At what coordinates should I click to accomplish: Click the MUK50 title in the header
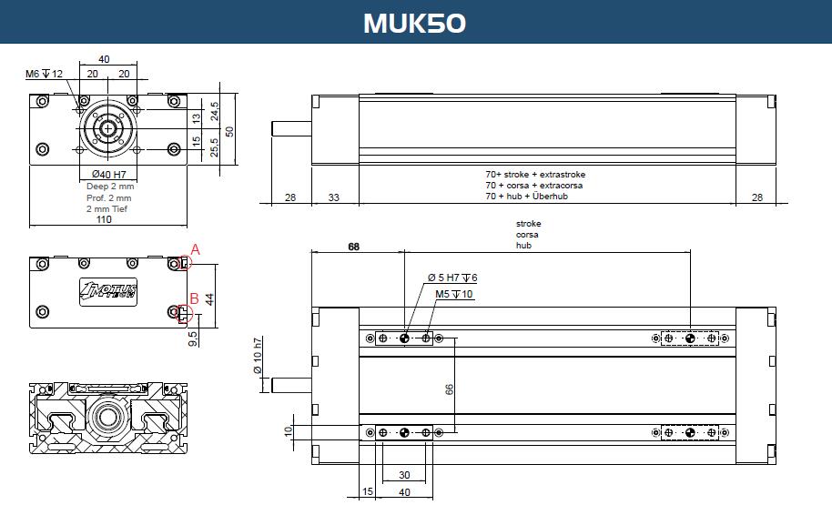(414, 23)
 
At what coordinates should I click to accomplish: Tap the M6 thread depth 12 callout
(44, 74)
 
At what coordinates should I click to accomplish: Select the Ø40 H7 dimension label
(108, 174)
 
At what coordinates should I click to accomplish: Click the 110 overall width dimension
(104, 219)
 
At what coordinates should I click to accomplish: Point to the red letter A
(196, 249)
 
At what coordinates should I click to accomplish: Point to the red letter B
(194, 298)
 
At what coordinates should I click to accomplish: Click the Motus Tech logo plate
(108, 292)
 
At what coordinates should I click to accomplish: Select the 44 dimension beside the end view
(209, 299)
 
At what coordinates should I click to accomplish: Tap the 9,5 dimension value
(193, 338)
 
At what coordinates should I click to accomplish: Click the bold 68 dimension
(353, 247)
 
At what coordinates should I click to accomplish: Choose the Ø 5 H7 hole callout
(452, 278)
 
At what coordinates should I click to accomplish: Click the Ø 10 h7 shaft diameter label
(258, 355)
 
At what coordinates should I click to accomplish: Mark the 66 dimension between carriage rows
(450, 389)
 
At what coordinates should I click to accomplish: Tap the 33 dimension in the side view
(334, 197)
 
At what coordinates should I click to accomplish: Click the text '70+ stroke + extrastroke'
(535, 175)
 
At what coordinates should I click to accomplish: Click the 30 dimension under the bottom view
(404, 475)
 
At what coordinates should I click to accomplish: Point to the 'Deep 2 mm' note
(110, 187)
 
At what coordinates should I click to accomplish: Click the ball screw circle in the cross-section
(108, 417)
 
